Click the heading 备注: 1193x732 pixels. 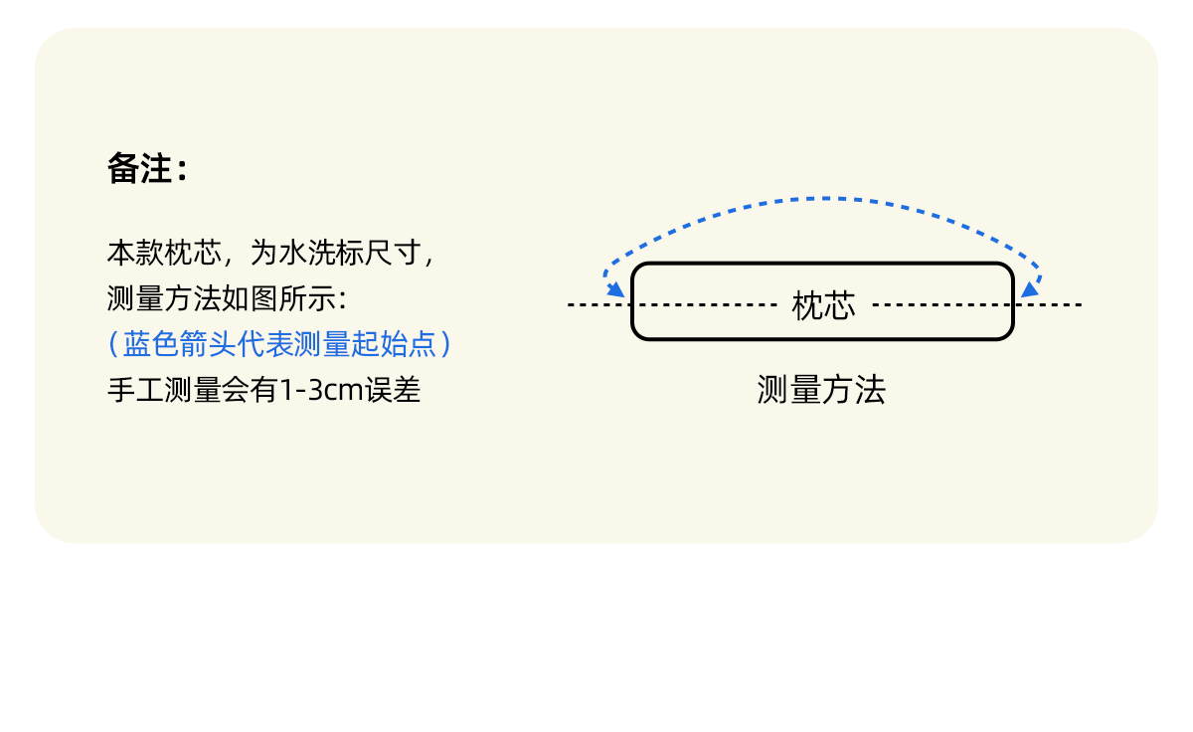(146, 170)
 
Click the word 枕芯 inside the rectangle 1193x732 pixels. (823, 305)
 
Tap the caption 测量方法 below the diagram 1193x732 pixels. (821, 391)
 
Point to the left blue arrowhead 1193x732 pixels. (616, 289)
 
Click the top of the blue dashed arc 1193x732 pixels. (823, 199)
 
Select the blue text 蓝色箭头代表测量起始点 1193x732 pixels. (279, 344)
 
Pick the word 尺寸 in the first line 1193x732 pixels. (395, 253)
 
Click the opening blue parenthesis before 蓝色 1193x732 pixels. (113, 344)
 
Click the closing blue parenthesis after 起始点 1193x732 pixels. (446, 344)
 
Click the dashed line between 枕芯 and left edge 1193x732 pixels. (706, 304)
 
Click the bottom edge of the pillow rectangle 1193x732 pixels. (823, 339)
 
